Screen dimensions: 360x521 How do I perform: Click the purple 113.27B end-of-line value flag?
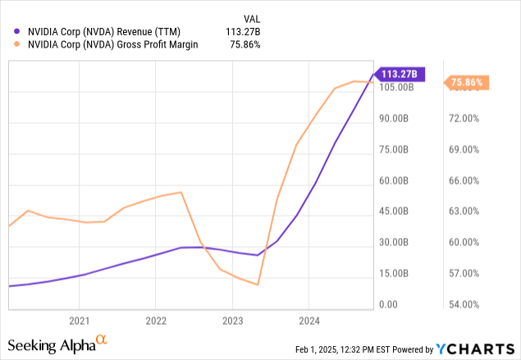pyautogui.click(x=400, y=74)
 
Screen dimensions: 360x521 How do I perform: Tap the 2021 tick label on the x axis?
pyautogui.click(x=79, y=321)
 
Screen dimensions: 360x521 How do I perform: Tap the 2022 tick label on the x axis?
pyautogui.click(x=156, y=321)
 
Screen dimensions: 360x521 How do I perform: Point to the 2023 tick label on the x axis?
pyautogui.click(x=232, y=321)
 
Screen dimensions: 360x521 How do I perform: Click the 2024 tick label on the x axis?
pyautogui.click(x=309, y=321)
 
